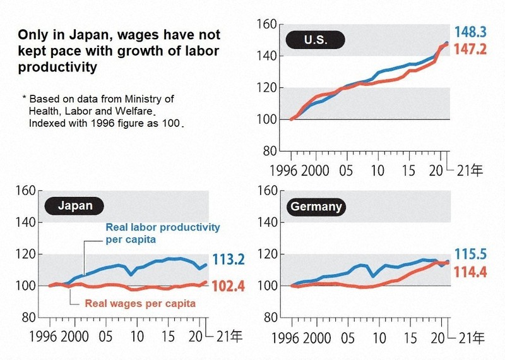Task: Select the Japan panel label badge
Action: tap(74, 205)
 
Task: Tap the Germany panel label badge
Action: tap(316, 207)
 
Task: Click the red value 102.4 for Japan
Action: tap(230, 285)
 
